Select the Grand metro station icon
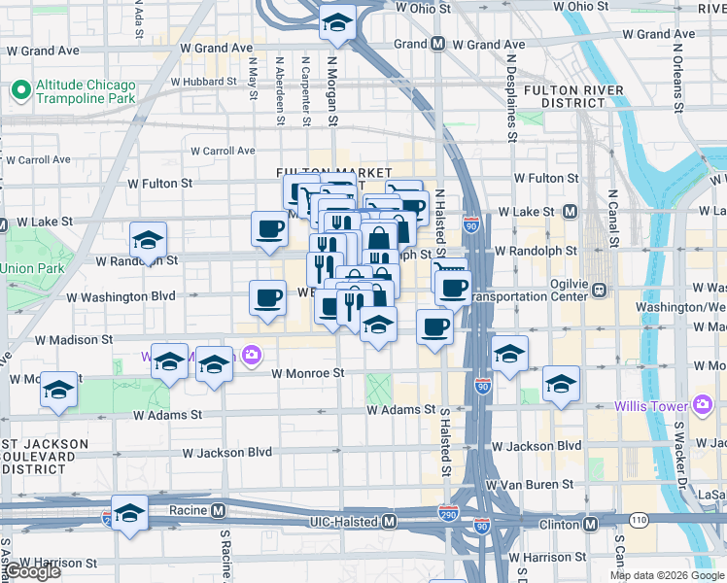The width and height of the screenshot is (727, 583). pos(438,44)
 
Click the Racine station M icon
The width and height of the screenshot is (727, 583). pos(219,509)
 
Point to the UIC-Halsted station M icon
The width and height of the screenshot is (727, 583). pos(389,522)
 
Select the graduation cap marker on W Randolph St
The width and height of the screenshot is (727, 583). pos(148,240)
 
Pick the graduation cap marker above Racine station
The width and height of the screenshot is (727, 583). pos(128,513)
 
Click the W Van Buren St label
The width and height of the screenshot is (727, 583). pos(525,484)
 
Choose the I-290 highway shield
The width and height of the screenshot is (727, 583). pos(448,511)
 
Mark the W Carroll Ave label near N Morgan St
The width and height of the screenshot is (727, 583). pos(223,151)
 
